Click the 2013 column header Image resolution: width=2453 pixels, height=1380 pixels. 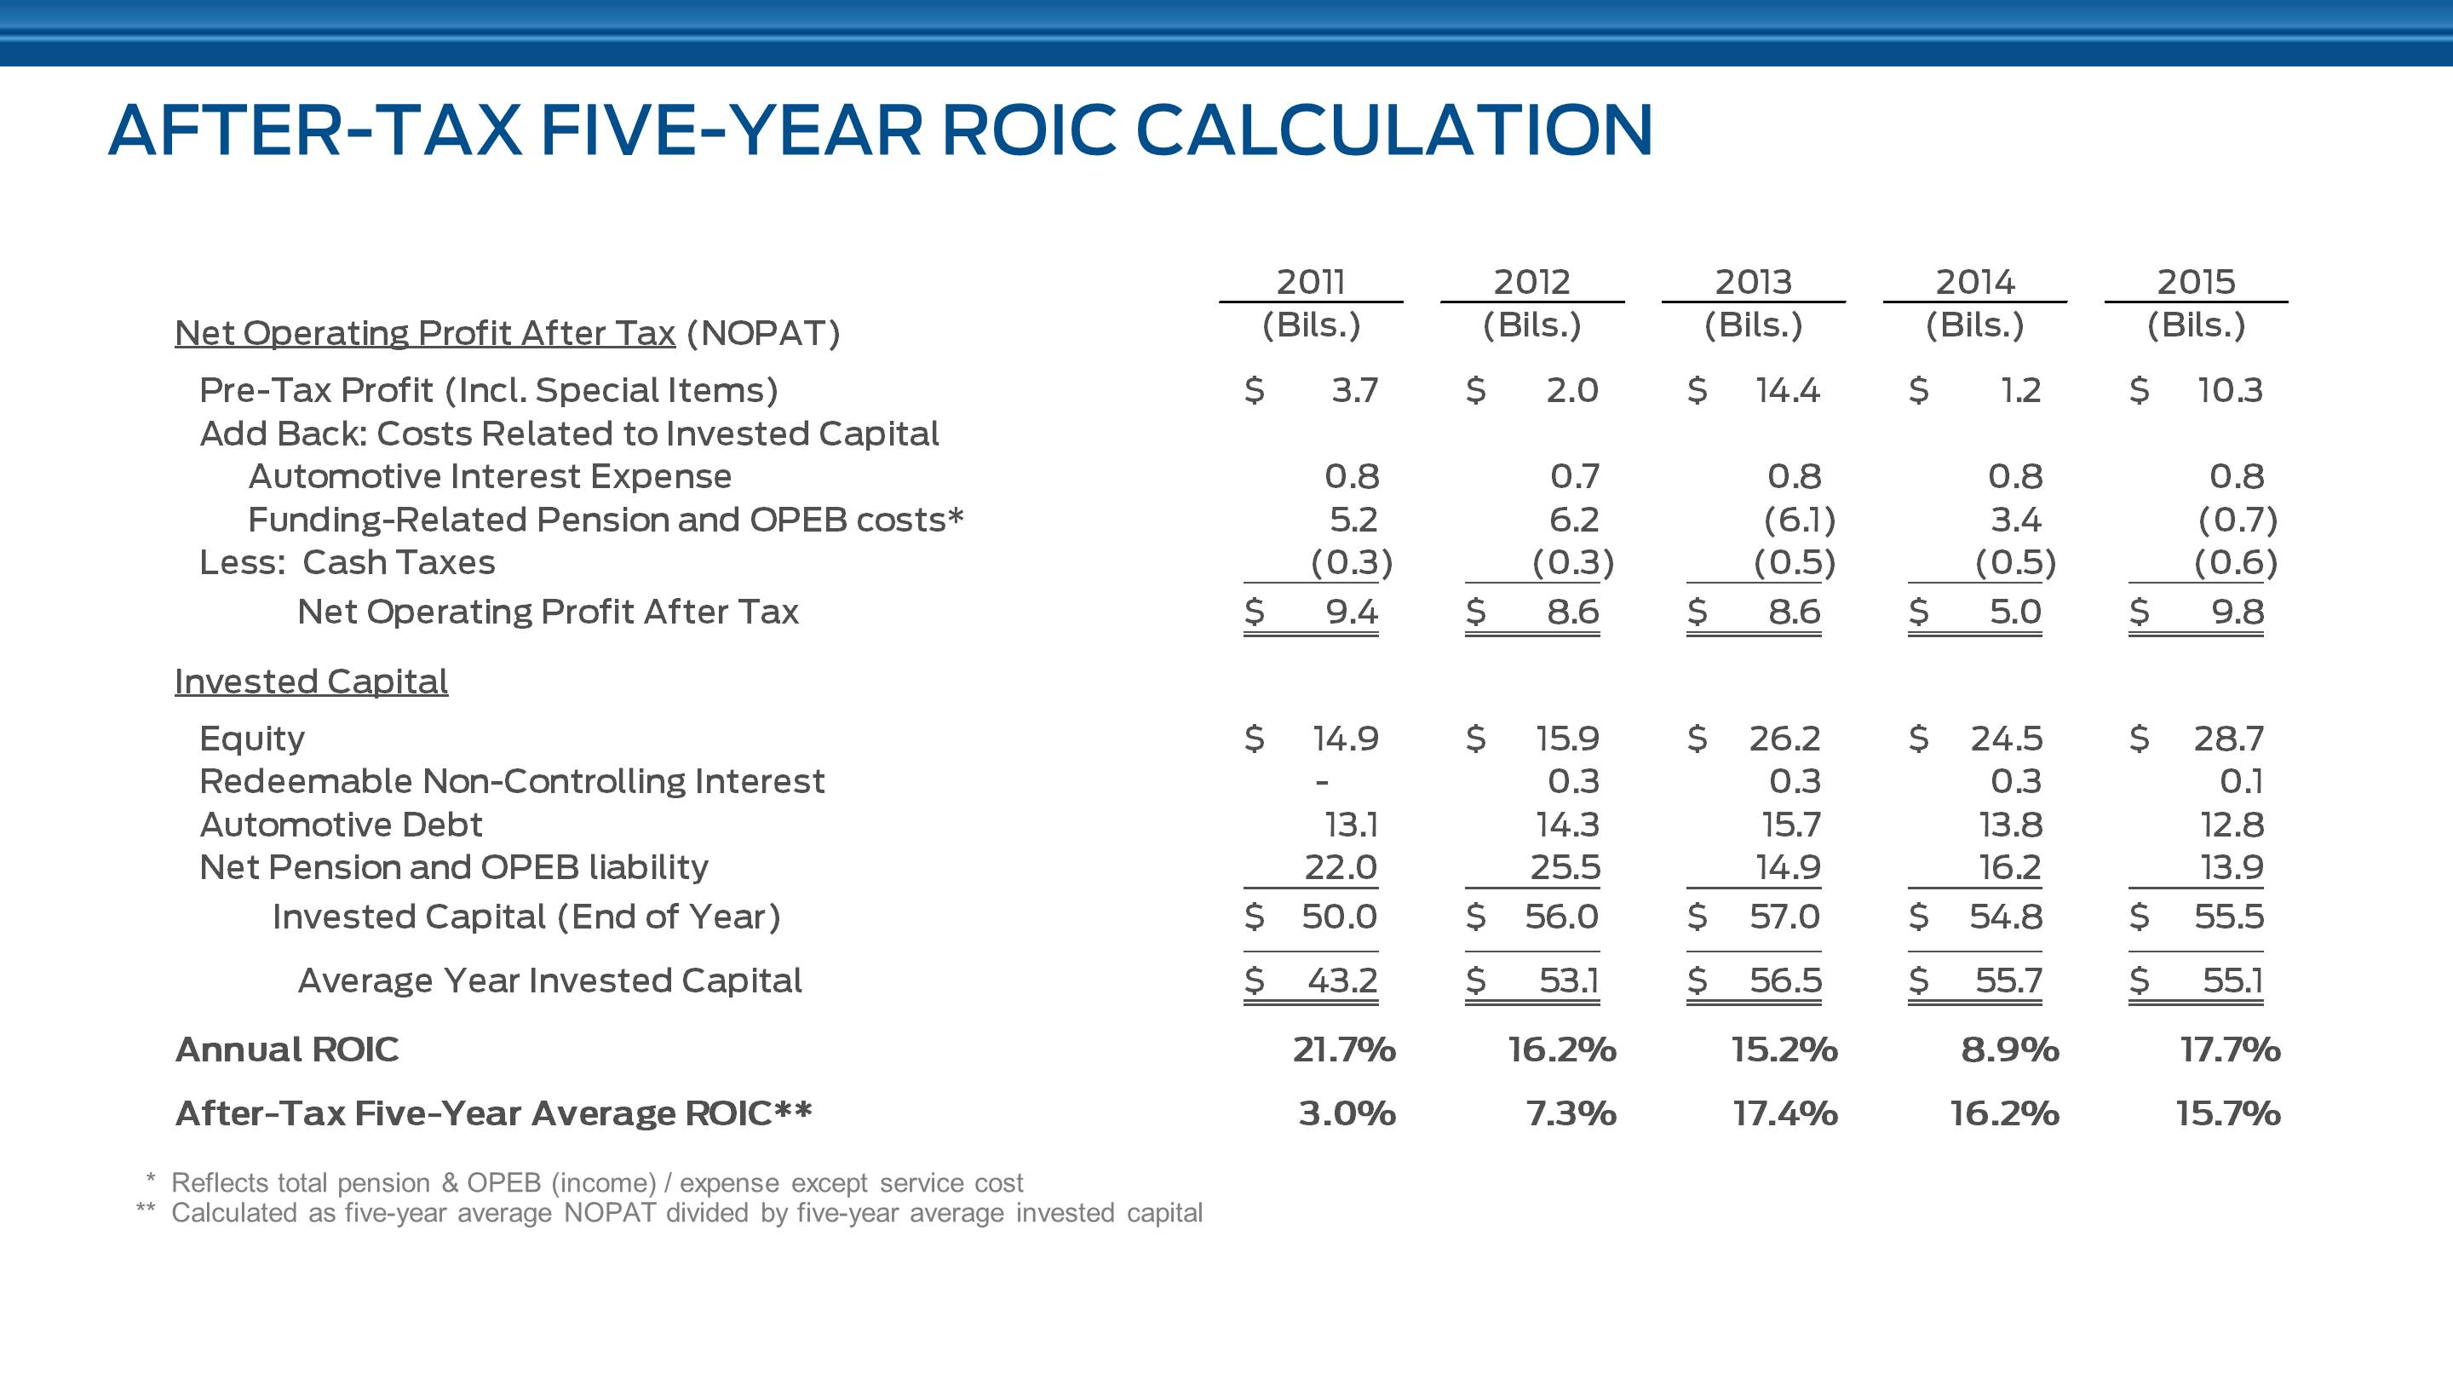coord(1753,282)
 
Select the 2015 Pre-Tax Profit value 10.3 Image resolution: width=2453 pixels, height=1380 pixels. coord(2229,390)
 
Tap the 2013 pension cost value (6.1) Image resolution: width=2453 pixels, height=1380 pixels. coord(1799,520)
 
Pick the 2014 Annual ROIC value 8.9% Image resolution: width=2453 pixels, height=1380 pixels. coord(2010,1049)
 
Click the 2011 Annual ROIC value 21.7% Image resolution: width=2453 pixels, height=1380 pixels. coord(1344,1049)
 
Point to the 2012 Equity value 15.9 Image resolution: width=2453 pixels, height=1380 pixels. coord(1567,739)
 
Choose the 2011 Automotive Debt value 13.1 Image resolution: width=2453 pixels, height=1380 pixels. coord(1351,825)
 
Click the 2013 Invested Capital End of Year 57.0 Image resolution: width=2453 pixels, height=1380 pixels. coord(1784,917)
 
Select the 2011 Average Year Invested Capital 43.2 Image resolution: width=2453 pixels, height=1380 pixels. coord(1341,981)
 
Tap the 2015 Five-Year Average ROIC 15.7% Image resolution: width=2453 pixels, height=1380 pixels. coord(2227,1113)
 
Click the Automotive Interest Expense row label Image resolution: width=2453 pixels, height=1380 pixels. coord(490,476)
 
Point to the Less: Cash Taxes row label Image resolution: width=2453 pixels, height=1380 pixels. coord(347,563)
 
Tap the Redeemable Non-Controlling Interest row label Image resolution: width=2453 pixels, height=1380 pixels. coord(511,782)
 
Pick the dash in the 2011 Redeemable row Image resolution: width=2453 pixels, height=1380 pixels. coord(1322,783)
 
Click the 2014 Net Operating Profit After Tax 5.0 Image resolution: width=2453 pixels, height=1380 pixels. coord(2015,612)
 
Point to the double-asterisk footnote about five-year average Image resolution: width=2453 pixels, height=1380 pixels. coord(686,1213)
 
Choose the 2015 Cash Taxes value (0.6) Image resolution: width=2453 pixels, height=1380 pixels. coord(2235,563)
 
